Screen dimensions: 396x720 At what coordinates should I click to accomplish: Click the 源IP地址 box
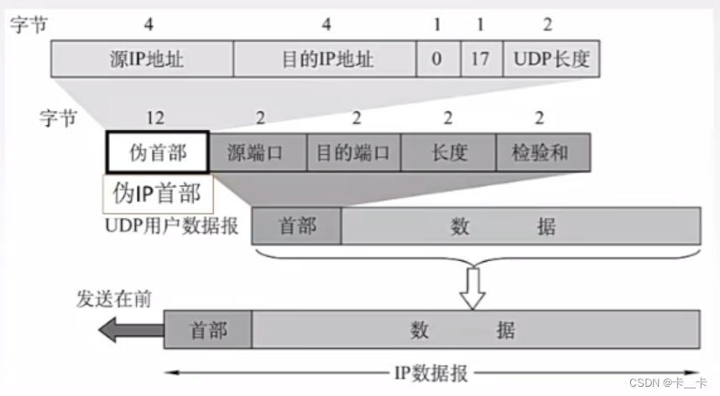pyautogui.click(x=143, y=60)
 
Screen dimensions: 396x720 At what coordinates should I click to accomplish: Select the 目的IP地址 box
pyautogui.click(x=325, y=60)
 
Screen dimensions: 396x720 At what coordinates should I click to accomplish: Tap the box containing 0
pyautogui.click(x=437, y=60)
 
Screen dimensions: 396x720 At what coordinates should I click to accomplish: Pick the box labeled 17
pyautogui.click(x=482, y=60)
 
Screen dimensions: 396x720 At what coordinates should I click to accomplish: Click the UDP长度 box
pyautogui.click(x=550, y=60)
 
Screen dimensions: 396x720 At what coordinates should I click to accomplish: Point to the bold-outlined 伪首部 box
pyautogui.click(x=157, y=153)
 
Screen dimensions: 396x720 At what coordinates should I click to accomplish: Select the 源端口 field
pyautogui.click(x=258, y=153)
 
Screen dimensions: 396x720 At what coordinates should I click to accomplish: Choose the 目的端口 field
pyautogui.click(x=353, y=153)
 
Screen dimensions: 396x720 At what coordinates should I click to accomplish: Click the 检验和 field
pyautogui.click(x=541, y=153)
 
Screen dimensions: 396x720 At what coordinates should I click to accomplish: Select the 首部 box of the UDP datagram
pyautogui.click(x=296, y=227)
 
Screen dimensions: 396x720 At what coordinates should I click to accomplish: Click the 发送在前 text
pyautogui.click(x=114, y=299)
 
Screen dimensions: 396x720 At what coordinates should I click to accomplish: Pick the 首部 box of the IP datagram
pyautogui.click(x=207, y=329)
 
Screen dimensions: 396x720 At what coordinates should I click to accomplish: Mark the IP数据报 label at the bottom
pyautogui.click(x=432, y=373)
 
